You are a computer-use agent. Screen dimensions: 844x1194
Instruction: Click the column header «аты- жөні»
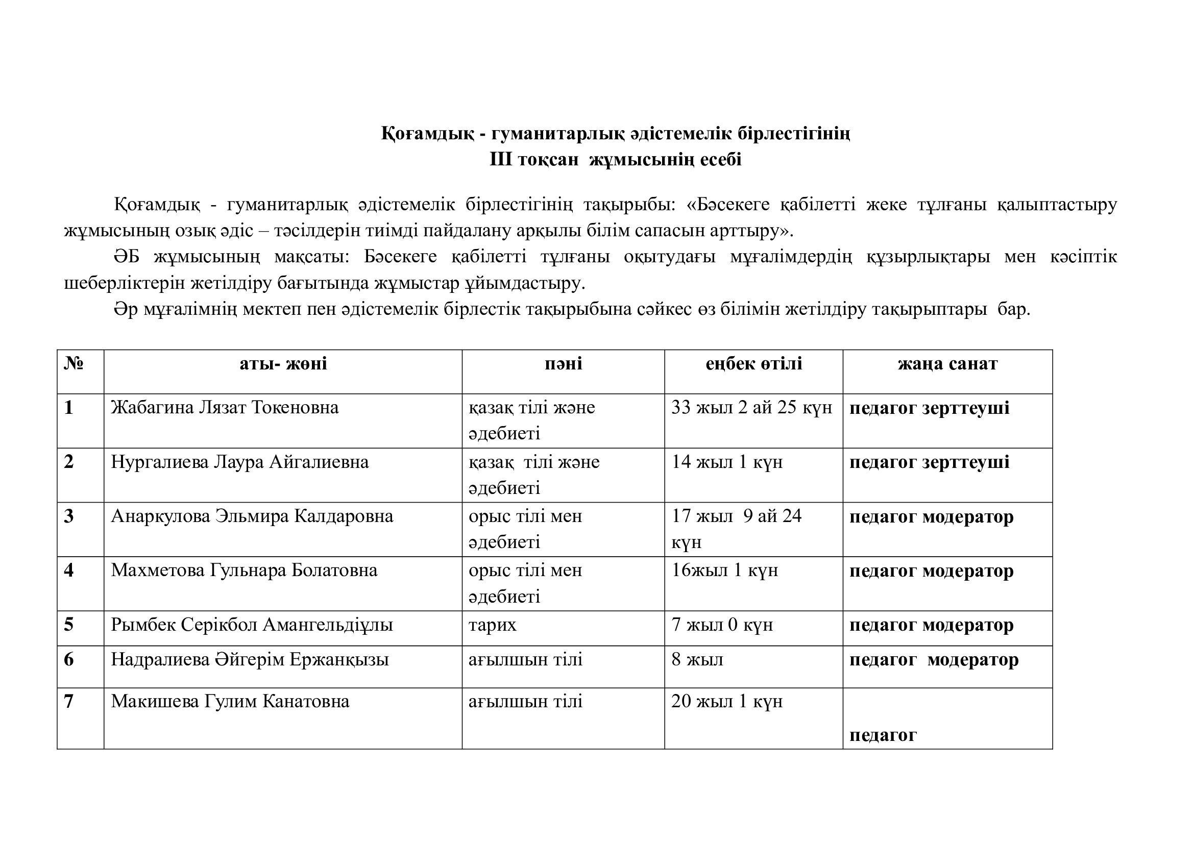pos(283,364)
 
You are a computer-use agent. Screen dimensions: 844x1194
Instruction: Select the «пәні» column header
pos(563,364)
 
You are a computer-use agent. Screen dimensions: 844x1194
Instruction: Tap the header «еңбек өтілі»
pos(753,364)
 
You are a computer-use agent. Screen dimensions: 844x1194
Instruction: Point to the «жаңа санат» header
pos(947,364)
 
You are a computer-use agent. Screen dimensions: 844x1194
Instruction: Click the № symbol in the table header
pos(74,363)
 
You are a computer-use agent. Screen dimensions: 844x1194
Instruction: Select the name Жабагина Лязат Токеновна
pos(225,407)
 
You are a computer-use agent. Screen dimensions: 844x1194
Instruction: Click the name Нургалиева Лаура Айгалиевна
pos(240,462)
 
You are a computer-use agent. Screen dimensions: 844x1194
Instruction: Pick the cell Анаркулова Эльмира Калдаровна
pos(252,516)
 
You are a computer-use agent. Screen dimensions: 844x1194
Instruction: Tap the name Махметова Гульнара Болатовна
pos(244,570)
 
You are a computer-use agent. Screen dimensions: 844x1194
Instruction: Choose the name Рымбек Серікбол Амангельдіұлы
pos(252,625)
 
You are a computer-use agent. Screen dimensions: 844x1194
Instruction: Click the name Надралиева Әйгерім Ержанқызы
pos(250,660)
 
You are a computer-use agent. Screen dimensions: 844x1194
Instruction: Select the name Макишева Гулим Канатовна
pos(230,702)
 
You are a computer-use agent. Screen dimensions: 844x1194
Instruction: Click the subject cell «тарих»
pos(493,625)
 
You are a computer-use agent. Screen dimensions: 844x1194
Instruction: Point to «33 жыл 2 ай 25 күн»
pos(751,407)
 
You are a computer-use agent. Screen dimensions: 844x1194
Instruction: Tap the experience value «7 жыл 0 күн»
pos(722,625)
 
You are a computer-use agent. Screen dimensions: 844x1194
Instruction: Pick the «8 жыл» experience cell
pos(697,660)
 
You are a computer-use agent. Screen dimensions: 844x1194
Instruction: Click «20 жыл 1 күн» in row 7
pos(726,702)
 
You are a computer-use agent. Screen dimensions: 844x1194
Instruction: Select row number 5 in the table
pos(68,625)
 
